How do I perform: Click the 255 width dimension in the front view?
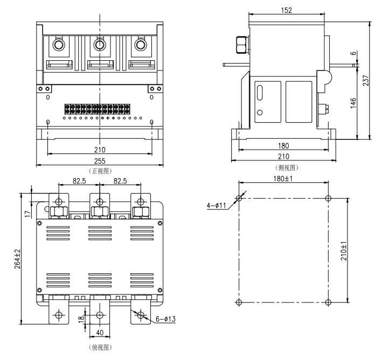[100, 161]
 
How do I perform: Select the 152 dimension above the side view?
[286, 10]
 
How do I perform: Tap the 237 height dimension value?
[366, 80]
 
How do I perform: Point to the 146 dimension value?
[353, 103]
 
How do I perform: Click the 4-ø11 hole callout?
[217, 206]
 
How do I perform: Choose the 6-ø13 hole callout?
[165, 319]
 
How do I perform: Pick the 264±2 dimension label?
[17, 259]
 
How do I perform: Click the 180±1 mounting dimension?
[283, 179]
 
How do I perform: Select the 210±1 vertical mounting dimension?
[344, 251]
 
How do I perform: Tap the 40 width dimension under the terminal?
[100, 333]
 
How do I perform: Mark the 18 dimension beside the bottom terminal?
[81, 319]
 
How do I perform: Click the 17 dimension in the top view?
[28, 214]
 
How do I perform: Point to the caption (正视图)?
[100, 171]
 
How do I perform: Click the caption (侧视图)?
[287, 168]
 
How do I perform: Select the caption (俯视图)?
[100, 348]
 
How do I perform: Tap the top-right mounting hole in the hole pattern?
[328, 198]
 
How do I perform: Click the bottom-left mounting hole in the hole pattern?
[239, 302]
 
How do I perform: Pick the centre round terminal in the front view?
[100, 45]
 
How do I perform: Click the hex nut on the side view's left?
[242, 45]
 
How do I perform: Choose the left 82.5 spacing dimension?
[79, 181]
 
